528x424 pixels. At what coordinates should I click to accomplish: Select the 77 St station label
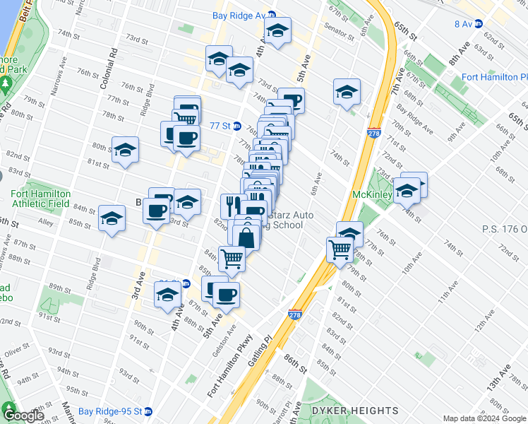coord(220,125)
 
